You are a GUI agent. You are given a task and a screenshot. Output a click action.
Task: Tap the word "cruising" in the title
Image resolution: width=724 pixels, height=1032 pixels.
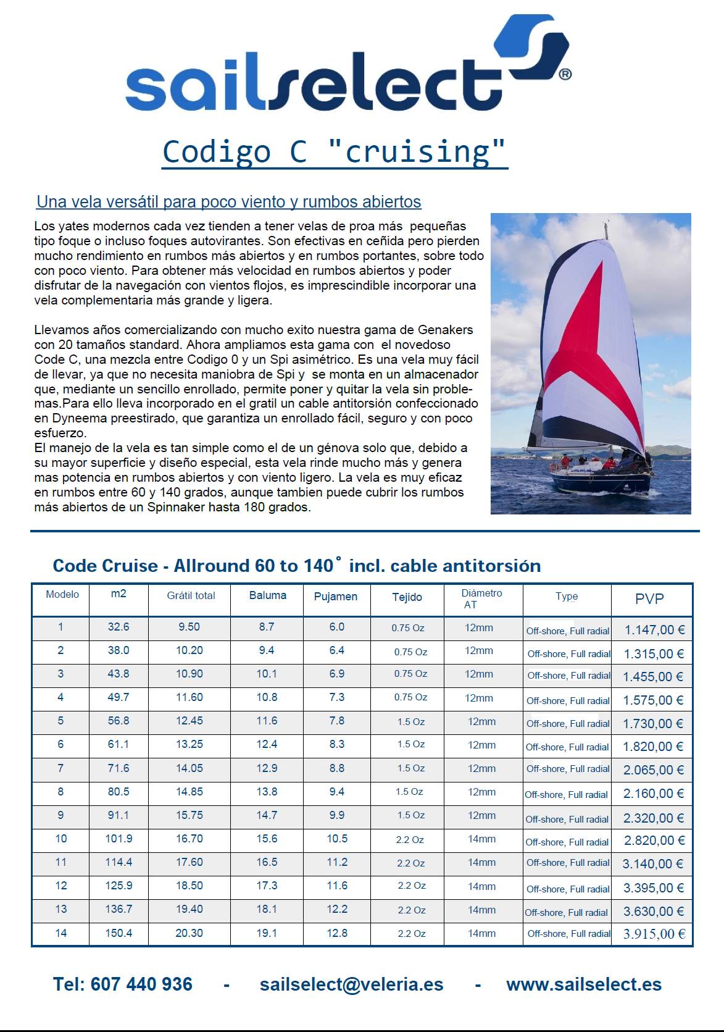(418, 152)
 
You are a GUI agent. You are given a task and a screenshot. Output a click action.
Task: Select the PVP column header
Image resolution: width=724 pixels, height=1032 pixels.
(649, 598)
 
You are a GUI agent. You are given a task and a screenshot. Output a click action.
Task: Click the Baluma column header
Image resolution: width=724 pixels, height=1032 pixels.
(267, 595)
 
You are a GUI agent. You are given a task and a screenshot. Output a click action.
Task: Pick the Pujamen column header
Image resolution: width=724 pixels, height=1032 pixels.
(336, 597)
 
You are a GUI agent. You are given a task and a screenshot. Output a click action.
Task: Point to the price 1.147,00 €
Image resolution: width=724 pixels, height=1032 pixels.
(654, 630)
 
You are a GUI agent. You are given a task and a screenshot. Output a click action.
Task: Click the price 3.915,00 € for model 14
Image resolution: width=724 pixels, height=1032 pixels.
(654, 934)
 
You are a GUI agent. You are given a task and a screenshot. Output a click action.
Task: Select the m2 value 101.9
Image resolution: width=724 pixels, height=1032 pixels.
(119, 839)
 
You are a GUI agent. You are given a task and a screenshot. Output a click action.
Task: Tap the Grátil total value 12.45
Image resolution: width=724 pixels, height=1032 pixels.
(189, 721)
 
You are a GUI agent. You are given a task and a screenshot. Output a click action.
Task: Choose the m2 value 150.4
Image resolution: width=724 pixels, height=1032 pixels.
(119, 933)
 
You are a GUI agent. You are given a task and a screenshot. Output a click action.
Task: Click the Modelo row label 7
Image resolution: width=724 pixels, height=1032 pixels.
(60, 768)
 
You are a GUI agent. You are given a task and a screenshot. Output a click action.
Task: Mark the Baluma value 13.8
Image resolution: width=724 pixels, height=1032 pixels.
(267, 792)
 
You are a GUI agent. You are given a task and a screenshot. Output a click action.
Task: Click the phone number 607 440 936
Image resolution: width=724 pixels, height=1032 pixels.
(141, 984)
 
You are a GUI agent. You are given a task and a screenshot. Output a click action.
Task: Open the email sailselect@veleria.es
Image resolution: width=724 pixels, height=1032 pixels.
(351, 984)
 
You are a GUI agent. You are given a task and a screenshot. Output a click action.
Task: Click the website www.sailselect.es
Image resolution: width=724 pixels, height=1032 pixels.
(583, 984)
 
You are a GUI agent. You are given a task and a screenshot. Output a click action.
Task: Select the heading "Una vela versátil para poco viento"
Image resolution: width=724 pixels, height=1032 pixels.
(229, 202)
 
